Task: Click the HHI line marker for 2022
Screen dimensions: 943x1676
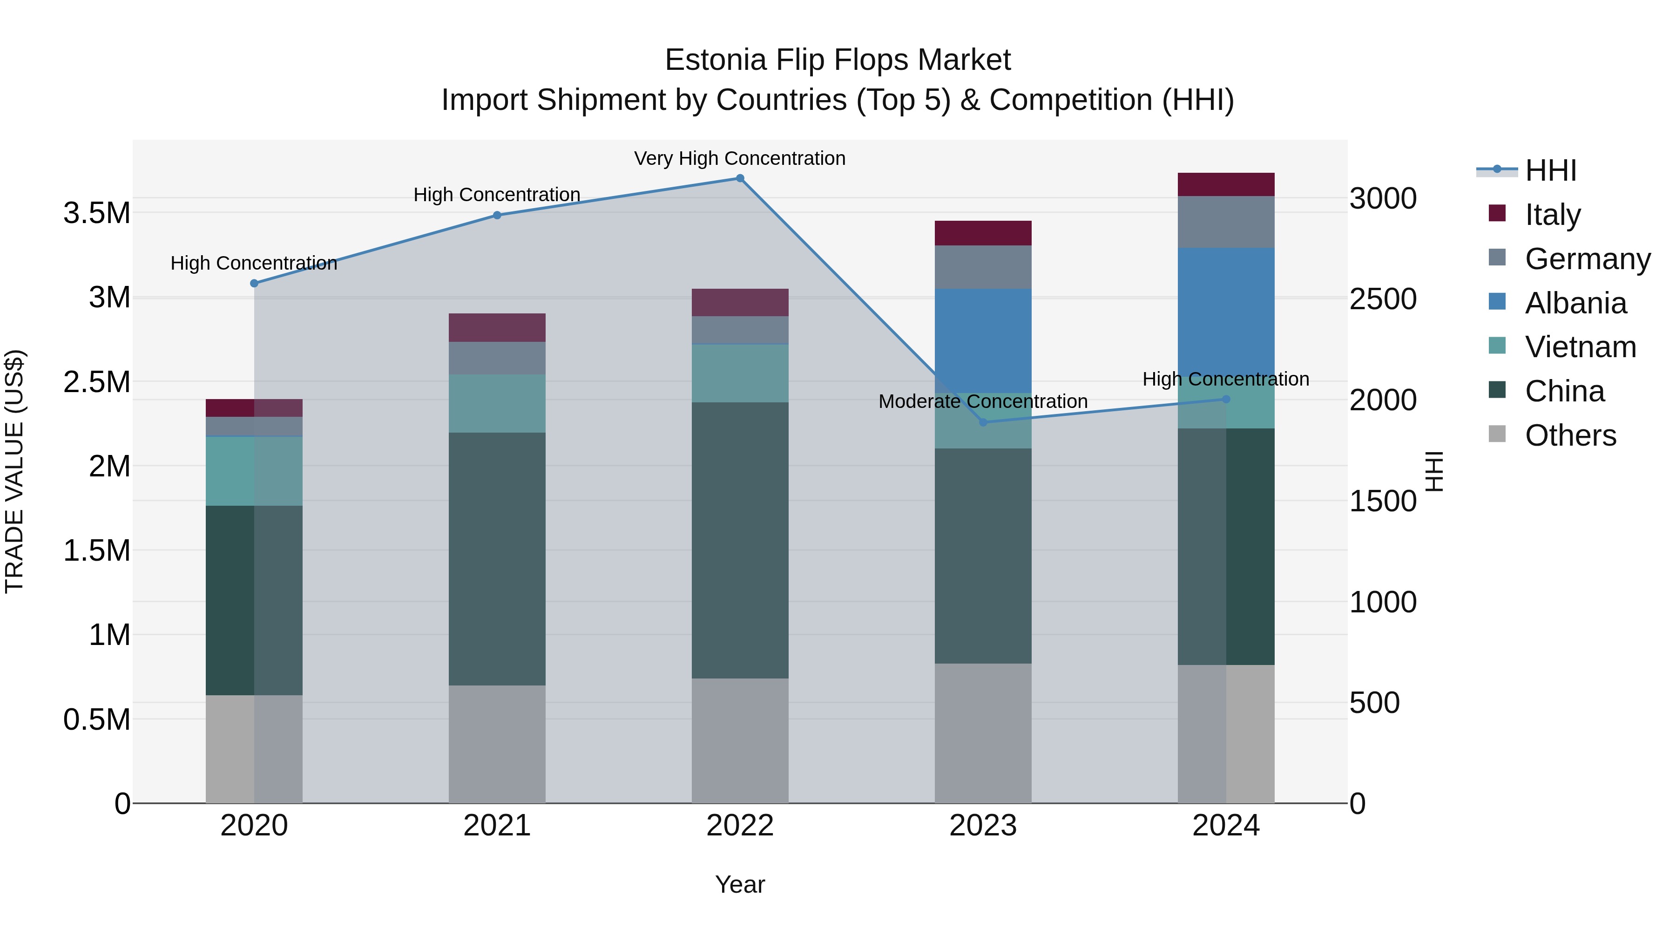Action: click(740, 178)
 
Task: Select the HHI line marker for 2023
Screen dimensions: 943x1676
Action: click(983, 422)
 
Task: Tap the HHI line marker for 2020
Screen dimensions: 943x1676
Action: click(254, 283)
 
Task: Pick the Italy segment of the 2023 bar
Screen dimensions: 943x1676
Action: click(983, 233)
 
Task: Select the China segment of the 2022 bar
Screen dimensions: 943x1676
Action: click(740, 540)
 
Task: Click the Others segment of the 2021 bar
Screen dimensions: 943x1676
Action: click(497, 744)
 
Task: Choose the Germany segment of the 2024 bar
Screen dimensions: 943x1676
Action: click(1226, 222)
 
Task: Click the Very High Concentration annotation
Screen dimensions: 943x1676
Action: click(740, 159)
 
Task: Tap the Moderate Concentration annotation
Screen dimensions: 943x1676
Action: click(983, 401)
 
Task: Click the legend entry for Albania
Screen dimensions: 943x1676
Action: click(1575, 303)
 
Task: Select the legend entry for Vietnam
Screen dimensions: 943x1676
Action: click(1580, 347)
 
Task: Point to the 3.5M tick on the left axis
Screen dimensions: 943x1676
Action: click(97, 213)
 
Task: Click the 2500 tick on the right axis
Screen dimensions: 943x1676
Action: click(1383, 299)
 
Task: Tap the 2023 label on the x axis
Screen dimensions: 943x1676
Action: click(983, 826)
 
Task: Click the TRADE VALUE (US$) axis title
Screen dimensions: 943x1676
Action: click(14, 471)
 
